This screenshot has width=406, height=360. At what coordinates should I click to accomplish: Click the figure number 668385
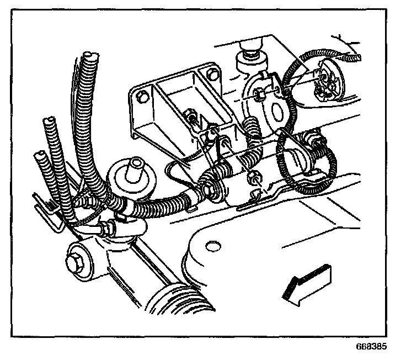click(x=372, y=348)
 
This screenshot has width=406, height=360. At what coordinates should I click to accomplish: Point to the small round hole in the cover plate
click(x=210, y=246)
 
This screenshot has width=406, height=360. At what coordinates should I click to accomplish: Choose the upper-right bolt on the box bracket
click(x=210, y=74)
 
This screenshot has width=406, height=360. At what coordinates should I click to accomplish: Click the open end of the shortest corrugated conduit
click(x=39, y=156)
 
